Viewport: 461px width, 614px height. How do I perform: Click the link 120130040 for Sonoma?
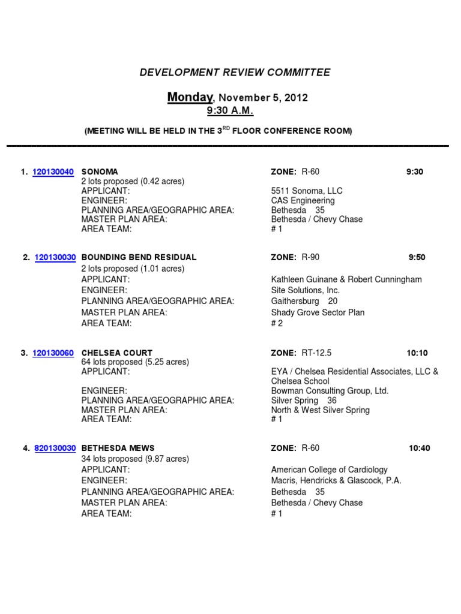pos(53,172)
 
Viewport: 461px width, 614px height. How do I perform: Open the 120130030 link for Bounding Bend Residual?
pos(55,258)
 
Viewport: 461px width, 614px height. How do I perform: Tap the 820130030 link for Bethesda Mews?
pos(55,449)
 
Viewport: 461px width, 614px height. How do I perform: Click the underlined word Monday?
pos(190,97)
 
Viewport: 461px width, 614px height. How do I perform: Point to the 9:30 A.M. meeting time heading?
pos(230,111)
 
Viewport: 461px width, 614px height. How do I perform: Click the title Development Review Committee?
pos(235,73)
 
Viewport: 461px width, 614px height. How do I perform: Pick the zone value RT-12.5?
pos(316,353)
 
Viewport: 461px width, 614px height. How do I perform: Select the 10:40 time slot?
pos(420,449)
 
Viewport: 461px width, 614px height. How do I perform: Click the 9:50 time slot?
pos(417,258)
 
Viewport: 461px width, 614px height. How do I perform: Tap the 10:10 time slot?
pos(417,353)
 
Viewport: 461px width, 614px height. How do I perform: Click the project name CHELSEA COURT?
pos(117,353)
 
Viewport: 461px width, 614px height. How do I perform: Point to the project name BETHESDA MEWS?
pos(118,449)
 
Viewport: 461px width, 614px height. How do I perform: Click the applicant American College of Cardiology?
pos(330,469)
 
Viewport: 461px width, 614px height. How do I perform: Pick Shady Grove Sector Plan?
pos(318,312)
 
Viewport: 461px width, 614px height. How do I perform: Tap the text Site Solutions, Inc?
pos(306,290)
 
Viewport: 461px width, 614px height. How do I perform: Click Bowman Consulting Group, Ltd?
pos(330,391)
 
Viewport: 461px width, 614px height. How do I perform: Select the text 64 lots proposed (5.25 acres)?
pos(135,362)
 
